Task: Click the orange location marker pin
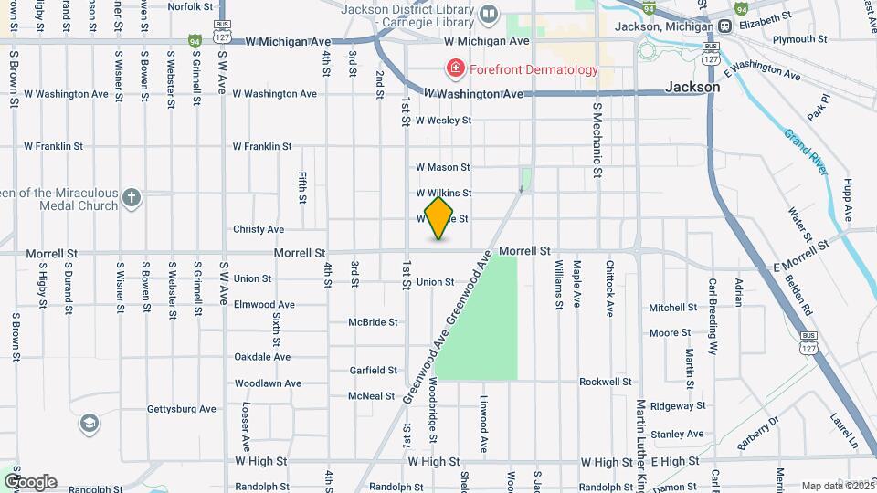439,218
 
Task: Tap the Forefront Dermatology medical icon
453,68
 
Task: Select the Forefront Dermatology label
533,69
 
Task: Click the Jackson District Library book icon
489,14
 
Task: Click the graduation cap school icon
90,423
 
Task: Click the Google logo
30,481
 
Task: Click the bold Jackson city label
692,88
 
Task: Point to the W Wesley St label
443,121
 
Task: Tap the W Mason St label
443,168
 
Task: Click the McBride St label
373,322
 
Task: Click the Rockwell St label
606,382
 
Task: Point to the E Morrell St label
801,255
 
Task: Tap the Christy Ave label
259,229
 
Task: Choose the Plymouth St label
799,40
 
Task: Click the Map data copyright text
836,486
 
